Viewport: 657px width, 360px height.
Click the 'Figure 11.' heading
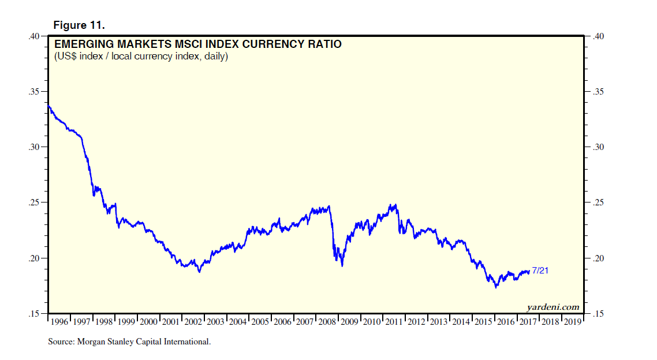coord(79,25)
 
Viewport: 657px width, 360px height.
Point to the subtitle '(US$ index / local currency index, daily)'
coord(141,57)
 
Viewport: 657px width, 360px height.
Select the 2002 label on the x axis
coord(193,321)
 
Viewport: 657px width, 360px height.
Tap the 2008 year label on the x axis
coord(327,321)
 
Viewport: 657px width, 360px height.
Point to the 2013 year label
coord(439,321)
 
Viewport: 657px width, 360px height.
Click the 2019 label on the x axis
coord(572,321)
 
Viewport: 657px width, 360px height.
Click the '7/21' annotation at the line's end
coord(540,271)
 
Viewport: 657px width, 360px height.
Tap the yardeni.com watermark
coord(553,307)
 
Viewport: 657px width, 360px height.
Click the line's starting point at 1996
coord(48,106)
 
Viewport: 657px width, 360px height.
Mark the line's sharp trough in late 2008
coord(342,265)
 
